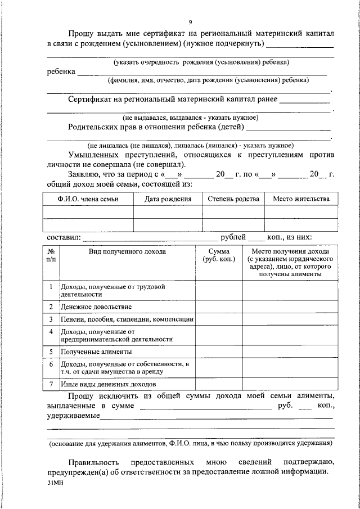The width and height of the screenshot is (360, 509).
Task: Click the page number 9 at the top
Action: coord(190,22)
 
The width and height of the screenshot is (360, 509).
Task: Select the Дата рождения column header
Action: coord(168,199)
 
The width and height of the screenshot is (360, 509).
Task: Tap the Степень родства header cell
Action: coord(233,199)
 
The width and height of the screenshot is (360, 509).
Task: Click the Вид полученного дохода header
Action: coord(127,251)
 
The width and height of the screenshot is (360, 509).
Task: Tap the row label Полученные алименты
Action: coord(96,352)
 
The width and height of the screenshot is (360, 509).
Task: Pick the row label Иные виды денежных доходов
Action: coord(108,384)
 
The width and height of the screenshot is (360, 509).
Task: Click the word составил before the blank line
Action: coord(64,236)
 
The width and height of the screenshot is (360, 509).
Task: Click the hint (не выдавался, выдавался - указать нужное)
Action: coord(191,118)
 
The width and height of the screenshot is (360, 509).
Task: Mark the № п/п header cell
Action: coord(51,255)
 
